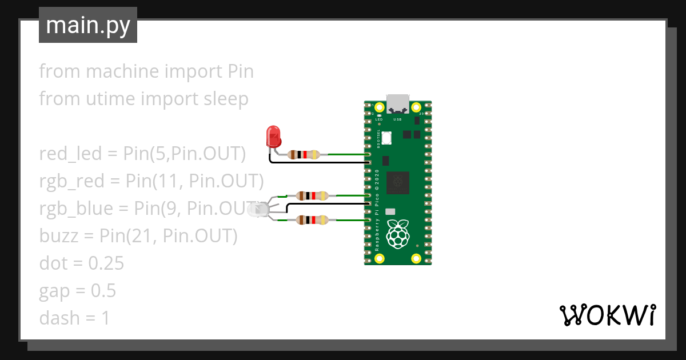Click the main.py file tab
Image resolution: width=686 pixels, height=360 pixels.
coord(88,25)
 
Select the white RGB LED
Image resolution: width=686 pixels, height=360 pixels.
coord(257,210)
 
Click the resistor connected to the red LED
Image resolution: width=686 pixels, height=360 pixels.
coord(304,154)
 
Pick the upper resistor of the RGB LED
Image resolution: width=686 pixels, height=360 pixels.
coord(312,196)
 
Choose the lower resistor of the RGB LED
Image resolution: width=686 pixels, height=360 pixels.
coord(312,219)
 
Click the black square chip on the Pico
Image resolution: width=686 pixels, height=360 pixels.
coord(398,182)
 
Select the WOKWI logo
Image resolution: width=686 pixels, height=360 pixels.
coord(607,315)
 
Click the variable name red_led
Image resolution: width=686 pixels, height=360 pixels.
coord(70,154)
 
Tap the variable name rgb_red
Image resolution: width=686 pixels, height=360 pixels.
coord(72,181)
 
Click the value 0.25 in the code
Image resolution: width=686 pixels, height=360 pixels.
coord(106,263)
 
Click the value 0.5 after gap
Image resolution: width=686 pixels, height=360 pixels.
coord(103,291)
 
